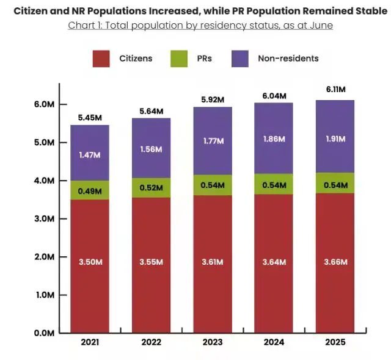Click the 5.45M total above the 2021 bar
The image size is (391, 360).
tap(90, 117)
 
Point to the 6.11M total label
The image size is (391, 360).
tap(335, 89)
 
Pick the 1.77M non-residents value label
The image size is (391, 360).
tap(213, 141)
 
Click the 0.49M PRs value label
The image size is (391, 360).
tap(90, 190)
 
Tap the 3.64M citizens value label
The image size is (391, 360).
tap(274, 262)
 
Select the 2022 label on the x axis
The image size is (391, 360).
tap(152, 342)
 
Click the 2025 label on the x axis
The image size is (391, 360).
tap(335, 342)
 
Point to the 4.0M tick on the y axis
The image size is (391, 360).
tap(45, 181)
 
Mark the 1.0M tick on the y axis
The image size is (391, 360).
tap(45, 295)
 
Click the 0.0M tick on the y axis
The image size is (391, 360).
tap(45, 333)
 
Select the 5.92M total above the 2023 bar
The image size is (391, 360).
tap(213, 99)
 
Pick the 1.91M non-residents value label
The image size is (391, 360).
tap(335, 139)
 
